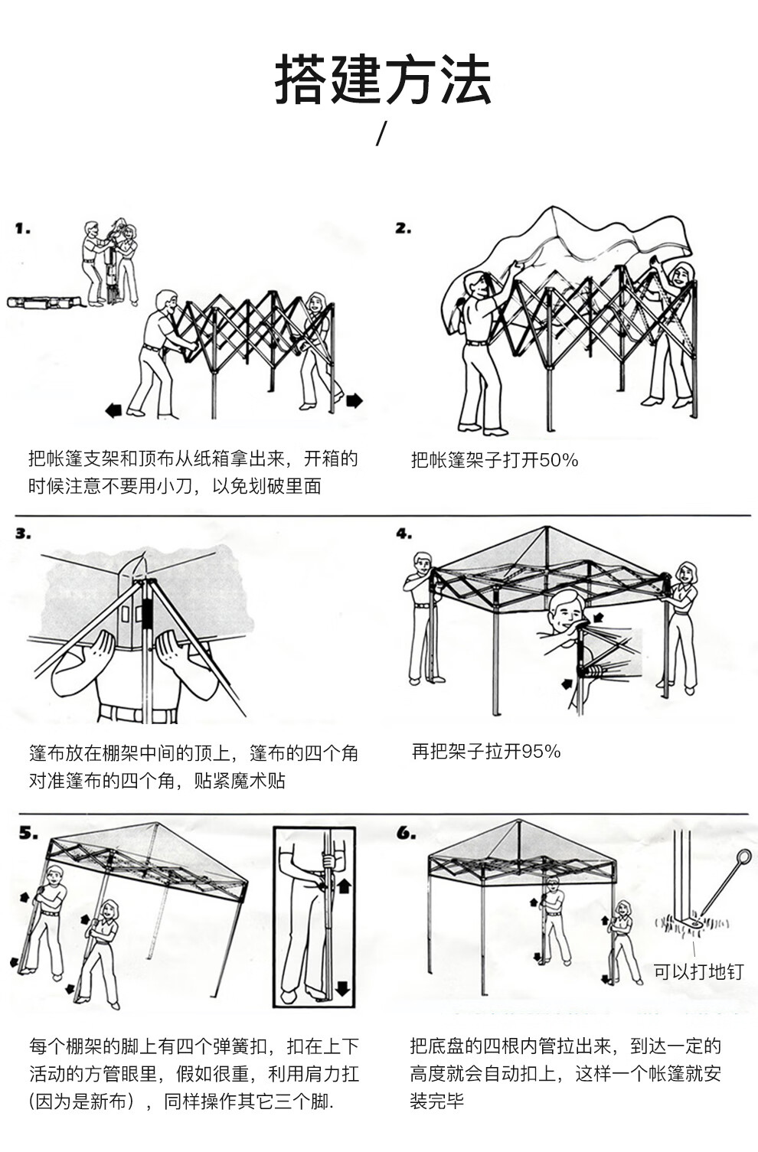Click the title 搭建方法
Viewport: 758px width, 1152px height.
[382, 80]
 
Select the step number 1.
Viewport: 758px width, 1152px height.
[22, 228]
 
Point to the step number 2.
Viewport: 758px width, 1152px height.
[403, 228]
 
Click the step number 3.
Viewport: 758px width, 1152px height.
[22, 534]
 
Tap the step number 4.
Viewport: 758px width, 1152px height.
[404, 534]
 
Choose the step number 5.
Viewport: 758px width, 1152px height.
[28, 833]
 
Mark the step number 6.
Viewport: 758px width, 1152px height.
[406, 833]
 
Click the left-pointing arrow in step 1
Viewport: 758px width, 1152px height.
[113, 411]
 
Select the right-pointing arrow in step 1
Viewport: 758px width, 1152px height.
[354, 400]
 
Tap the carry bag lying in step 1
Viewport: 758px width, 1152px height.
[43, 302]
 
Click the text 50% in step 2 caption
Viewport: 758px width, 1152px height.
[558, 460]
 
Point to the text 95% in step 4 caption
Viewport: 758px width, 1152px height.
[541, 751]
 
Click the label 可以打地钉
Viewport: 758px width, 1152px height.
[698, 971]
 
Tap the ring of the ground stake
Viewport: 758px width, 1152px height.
[743, 857]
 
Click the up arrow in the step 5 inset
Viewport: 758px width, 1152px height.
[344, 886]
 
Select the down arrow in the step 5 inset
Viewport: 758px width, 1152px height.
[342, 987]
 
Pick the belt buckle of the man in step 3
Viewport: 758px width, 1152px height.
[145, 716]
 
